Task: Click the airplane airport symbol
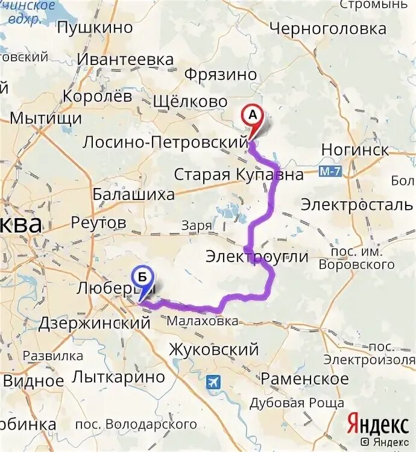(x=213, y=382)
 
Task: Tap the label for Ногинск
(x=355, y=149)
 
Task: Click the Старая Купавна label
(x=239, y=175)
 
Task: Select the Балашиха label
(x=133, y=194)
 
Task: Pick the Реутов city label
(x=98, y=222)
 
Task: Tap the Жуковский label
(x=213, y=349)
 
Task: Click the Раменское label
(x=304, y=378)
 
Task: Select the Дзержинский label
(x=94, y=323)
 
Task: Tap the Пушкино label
(x=95, y=27)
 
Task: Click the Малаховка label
(x=203, y=321)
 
